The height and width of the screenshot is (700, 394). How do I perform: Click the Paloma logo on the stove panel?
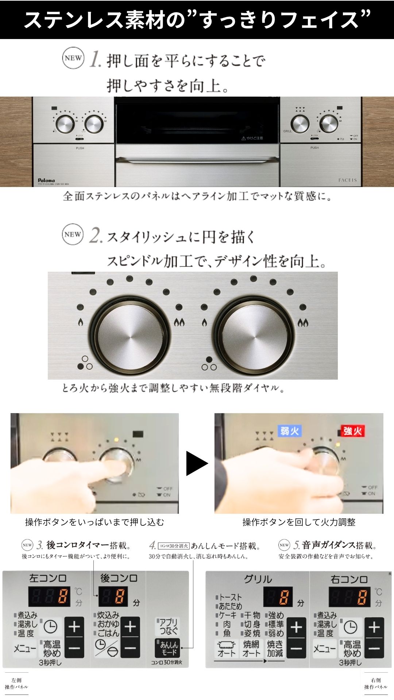[46, 180]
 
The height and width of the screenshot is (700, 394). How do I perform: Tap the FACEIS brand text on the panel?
[347, 180]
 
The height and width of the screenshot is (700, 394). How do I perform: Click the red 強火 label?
[352, 431]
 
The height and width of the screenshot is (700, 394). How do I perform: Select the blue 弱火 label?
[290, 431]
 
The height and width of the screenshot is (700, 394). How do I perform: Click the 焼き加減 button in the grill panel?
[275, 649]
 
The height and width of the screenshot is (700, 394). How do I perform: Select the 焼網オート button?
[251, 649]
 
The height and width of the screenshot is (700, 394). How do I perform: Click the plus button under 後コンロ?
[130, 627]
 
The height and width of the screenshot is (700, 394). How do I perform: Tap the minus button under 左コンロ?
[74, 648]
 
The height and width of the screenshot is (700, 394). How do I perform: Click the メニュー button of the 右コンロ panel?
[324, 649]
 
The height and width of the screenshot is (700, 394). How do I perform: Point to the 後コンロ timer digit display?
[113, 597]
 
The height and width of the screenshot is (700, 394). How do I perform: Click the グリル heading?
[258, 579]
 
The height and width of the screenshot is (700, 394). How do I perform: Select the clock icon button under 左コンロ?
[51, 627]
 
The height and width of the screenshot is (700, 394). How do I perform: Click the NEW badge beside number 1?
[73, 58]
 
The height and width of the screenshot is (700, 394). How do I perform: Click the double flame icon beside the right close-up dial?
[303, 322]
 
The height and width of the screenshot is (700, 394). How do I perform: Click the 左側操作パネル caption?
[16, 684]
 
